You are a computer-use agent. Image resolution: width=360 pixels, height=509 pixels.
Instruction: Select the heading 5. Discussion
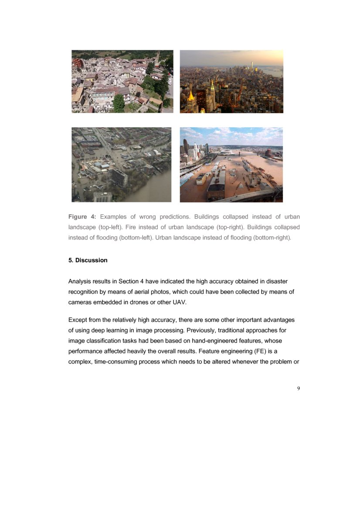tap(88, 260)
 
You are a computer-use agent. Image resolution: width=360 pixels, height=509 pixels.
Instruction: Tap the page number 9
tap(298, 389)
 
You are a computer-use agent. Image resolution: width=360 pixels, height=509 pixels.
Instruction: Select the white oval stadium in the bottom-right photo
tap(231, 152)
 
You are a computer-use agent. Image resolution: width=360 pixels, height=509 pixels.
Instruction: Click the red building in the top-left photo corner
tap(78, 63)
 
